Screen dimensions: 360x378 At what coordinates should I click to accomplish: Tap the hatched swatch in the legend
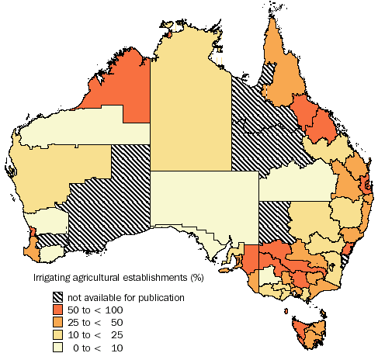tap(59, 297)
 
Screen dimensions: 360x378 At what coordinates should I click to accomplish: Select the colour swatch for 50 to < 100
tap(59, 310)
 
